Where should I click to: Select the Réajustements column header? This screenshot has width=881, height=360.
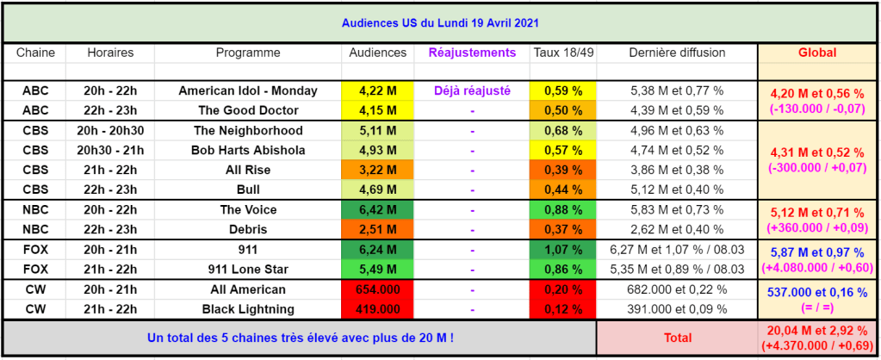[x=472, y=53]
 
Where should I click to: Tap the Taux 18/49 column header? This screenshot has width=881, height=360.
[x=563, y=53]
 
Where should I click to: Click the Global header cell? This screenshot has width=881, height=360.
[x=817, y=53]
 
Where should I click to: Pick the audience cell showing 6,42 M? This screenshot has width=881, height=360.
[x=377, y=209]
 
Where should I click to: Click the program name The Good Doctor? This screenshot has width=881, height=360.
[x=248, y=110]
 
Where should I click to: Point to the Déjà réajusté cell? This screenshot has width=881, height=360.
[x=472, y=90]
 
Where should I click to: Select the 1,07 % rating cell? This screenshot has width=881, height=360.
[x=563, y=249]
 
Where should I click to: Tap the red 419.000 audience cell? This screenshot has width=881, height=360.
[x=377, y=309]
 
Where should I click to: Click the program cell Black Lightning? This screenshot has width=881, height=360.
[x=248, y=309]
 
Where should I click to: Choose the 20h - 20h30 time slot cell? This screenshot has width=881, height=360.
[x=110, y=131]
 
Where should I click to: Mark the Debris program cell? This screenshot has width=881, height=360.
[x=248, y=229]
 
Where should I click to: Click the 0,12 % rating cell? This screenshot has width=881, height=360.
[x=563, y=309]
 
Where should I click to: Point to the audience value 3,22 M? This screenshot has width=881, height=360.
[x=377, y=170]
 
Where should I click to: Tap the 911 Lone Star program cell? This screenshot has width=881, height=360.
[x=248, y=269]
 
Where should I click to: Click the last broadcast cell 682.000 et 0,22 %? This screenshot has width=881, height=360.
[x=677, y=289]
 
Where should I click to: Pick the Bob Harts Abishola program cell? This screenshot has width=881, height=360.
[x=248, y=151]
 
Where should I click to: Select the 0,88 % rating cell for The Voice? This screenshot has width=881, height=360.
[x=563, y=209]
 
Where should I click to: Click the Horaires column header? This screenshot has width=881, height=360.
[x=110, y=53]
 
